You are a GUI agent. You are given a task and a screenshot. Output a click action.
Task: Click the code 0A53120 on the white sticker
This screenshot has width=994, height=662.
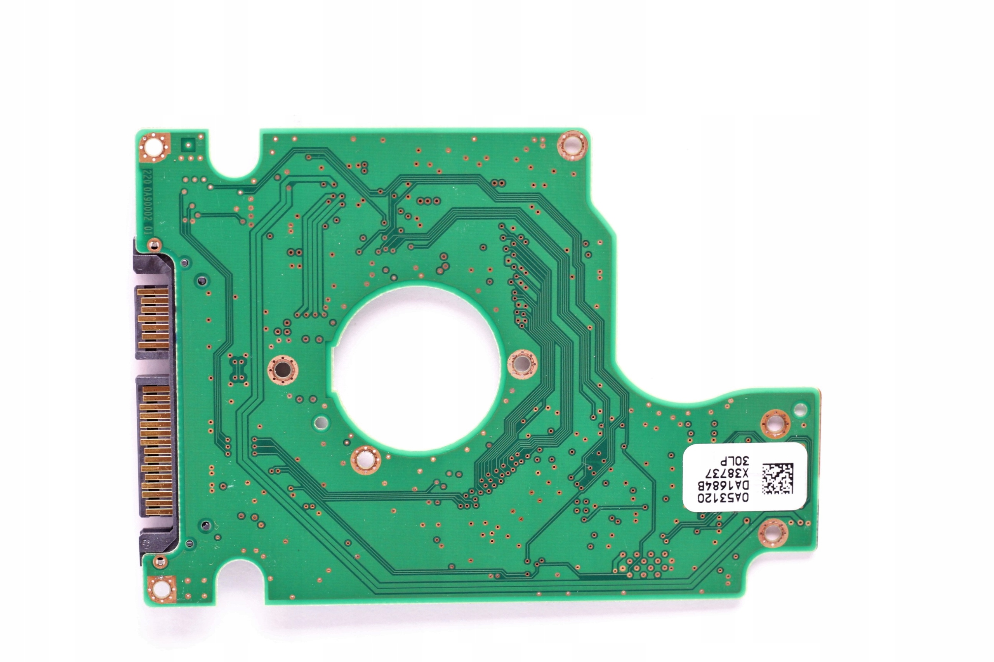[722, 498]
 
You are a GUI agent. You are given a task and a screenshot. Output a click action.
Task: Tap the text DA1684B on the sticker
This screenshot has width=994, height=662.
[722, 485]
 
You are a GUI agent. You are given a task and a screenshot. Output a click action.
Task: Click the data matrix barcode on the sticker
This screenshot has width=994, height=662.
[777, 478]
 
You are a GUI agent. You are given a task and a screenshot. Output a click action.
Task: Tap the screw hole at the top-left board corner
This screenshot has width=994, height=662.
[154, 147]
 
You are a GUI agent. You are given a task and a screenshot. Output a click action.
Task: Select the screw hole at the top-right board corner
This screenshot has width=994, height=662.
[572, 146]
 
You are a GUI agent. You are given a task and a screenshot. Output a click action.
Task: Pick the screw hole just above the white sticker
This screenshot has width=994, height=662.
[775, 423]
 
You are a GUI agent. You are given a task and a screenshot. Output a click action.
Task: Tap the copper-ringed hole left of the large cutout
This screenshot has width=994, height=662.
[282, 370]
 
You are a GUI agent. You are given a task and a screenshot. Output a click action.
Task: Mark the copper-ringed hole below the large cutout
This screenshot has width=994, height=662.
[366, 460]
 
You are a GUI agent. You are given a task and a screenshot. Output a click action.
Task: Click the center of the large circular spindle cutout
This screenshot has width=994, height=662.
[416, 367]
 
